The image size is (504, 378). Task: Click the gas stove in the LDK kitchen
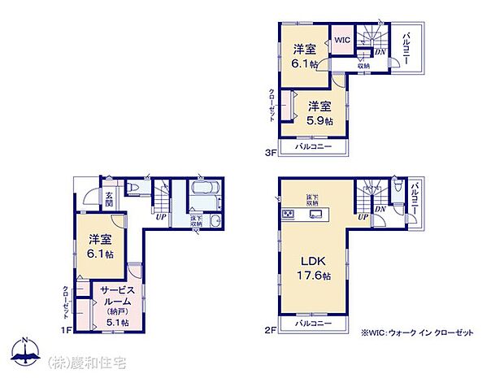(x=289, y=215)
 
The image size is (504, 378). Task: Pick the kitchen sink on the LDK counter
(x=316, y=215)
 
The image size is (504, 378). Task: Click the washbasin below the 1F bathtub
(x=213, y=221)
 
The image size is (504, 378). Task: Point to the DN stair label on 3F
(x=380, y=52)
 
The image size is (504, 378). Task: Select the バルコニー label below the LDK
(x=313, y=324)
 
